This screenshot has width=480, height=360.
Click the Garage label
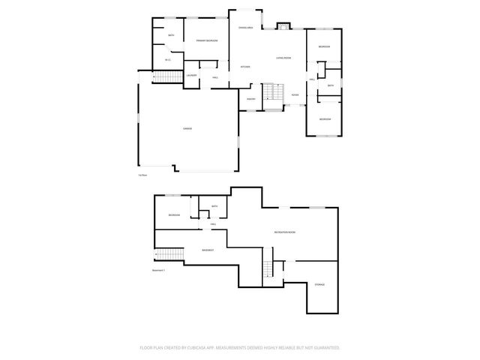click(x=187, y=129)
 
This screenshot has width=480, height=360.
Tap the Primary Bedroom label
click(x=207, y=40)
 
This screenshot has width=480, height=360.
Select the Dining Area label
click(x=246, y=27)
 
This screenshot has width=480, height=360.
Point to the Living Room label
click(x=283, y=58)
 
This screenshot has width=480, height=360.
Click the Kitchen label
click(x=244, y=67)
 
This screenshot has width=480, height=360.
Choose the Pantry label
click(x=251, y=98)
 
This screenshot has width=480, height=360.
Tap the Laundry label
click(x=192, y=76)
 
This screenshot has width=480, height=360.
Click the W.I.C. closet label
click(x=168, y=60)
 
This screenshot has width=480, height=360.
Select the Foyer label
click(x=295, y=95)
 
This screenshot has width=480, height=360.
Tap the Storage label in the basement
click(x=319, y=285)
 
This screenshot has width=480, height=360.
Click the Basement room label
click(x=208, y=250)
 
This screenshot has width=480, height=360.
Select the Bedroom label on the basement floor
click(x=174, y=215)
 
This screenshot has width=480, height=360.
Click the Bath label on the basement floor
click(x=214, y=206)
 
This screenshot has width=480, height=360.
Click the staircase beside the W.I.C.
click(x=169, y=77)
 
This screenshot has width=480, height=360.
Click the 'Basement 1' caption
click(x=158, y=269)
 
